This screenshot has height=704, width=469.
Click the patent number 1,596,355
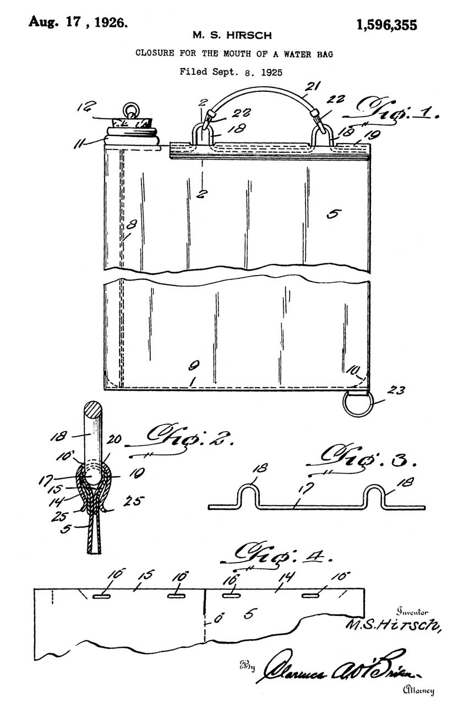[386, 25]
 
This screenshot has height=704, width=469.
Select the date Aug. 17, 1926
[79, 22]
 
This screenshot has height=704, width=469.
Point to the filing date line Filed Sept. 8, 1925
[235, 71]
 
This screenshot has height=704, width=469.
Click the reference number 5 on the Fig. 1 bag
[332, 214]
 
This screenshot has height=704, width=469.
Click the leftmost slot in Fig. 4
[101, 596]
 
